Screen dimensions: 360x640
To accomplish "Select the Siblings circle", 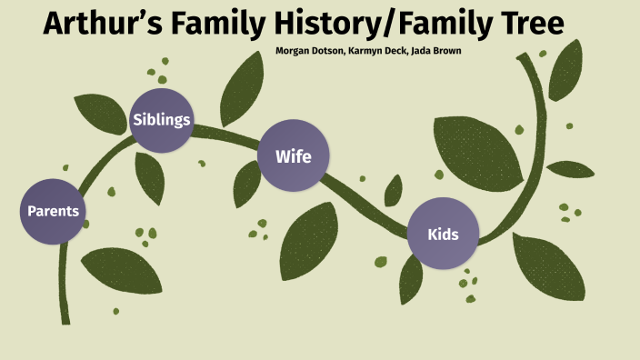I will [x=162, y=120].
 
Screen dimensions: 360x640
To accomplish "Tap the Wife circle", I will [x=293, y=156].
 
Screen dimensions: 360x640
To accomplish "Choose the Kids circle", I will [x=442, y=235].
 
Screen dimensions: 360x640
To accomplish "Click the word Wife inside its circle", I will [x=293, y=156].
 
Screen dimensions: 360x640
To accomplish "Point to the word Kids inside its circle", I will [x=442, y=235].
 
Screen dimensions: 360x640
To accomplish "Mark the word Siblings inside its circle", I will [x=162, y=120].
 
